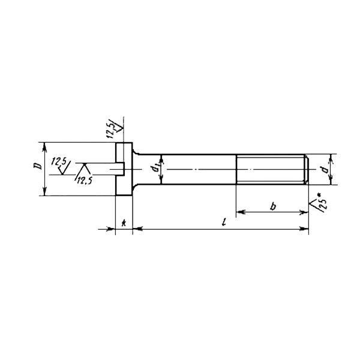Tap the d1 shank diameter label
tap(155, 169)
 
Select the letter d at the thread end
tap(325, 170)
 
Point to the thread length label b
tap(273, 206)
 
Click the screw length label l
tap(224, 222)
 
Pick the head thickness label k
tap(124, 222)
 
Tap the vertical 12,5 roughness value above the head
tap(110, 131)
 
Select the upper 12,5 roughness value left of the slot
tap(59, 161)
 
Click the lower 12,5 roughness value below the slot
tap(84, 181)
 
